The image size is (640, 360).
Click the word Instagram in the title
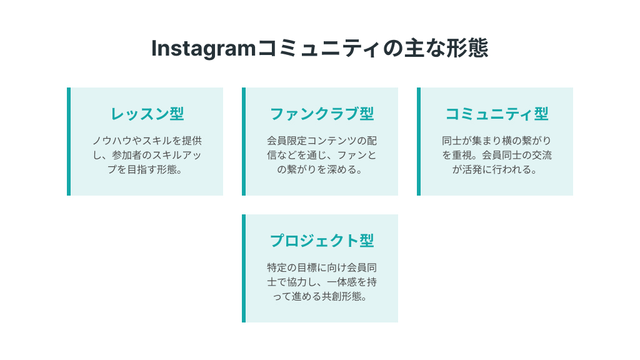204,49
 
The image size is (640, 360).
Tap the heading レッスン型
147,114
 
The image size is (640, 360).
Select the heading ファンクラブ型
322,114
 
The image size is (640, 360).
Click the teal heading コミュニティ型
497,114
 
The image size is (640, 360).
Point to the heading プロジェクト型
322,241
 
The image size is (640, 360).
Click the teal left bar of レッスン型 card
69,141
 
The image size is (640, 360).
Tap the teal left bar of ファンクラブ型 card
244,141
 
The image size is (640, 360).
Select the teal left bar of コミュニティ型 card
419,141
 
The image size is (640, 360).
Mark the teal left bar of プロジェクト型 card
244,268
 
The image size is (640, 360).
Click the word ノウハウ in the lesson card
112,141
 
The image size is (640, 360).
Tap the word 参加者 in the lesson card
127,155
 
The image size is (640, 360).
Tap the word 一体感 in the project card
341,282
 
